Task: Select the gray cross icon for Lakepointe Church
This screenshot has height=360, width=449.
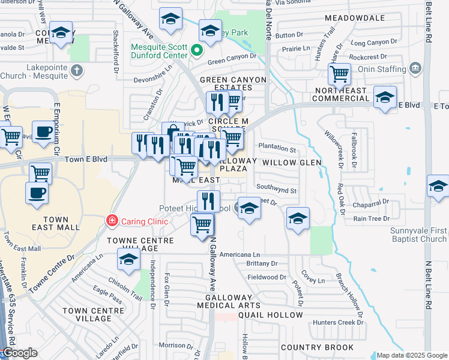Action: pos(76,71)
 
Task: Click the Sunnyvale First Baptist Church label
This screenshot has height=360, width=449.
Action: pos(417,235)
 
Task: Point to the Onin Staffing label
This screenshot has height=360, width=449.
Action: pos(382,70)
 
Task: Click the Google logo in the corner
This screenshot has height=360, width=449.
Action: pos(20,353)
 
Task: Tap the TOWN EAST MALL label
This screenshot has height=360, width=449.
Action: pos(55,224)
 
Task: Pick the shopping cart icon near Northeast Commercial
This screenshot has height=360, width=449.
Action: pos(339,75)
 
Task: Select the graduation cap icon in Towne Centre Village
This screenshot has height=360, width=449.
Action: pos(128,260)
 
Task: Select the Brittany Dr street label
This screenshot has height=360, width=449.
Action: pos(262,263)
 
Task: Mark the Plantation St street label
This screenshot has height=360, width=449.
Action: pos(277,149)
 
